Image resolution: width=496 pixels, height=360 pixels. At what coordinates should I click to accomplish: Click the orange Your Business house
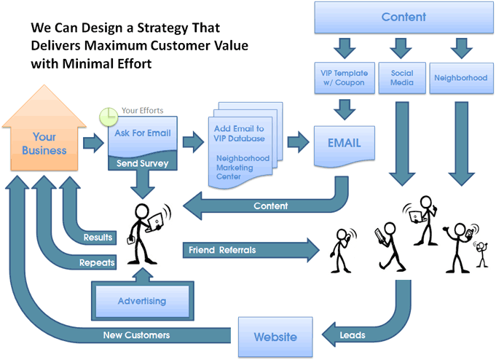coord(44,133)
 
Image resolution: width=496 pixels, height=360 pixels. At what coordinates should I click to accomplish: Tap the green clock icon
coord(109,117)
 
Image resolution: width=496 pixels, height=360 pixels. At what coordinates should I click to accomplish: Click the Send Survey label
coord(142,163)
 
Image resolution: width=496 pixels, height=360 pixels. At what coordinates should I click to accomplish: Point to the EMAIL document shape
coord(345,146)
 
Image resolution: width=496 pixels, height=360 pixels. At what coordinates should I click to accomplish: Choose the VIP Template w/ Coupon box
coord(345,78)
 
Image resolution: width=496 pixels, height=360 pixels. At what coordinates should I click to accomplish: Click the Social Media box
coord(402,78)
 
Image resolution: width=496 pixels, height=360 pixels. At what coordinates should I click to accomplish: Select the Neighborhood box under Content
coord(461,78)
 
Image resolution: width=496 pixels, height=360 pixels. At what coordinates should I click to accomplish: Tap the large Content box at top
coord(404,17)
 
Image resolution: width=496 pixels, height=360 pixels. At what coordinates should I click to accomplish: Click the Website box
coord(275,337)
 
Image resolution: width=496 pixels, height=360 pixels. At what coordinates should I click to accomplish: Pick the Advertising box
coord(142,301)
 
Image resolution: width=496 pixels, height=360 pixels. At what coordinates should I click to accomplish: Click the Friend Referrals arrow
coord(251,250)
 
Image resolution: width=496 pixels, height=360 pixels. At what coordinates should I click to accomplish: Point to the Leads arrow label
coord(353,335)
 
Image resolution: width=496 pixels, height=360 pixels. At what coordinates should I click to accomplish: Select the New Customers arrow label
coord(136,335)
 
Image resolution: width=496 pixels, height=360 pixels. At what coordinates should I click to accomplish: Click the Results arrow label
coord(98,238)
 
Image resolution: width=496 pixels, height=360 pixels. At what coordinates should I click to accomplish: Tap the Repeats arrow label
coord(97,263)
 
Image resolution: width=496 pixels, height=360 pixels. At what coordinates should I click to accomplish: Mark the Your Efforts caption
coord(142,111)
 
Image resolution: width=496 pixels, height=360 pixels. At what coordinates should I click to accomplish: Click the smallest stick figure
coord(481,254)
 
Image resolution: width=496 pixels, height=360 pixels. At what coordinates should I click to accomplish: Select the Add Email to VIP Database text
coord(239,133)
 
